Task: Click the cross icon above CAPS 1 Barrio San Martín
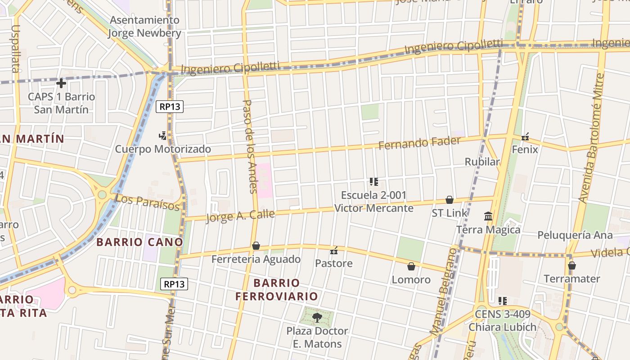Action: click(x=61, y=83)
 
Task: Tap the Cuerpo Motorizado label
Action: click(x=162, y=149)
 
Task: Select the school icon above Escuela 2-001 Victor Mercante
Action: click(x=373, y=182)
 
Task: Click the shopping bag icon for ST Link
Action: click(x=449, y=200)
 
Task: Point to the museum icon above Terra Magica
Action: click(x=488, y=216)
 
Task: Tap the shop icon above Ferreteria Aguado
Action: click(x=256, y=246)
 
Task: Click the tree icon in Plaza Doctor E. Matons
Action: click(x=317, y=318)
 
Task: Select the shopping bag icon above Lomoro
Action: click(x=411, y=266)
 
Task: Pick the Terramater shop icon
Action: click(x=571, y=265)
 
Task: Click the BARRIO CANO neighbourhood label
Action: click(x=139, y=242)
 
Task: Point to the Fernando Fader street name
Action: click(x=419, y=143)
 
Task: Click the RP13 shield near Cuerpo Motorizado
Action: click(x=170, y=107)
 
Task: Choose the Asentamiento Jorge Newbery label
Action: click(x=145, y=27)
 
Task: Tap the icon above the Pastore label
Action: click(x=333, y=251)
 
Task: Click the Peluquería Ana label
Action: click(x=575, y=235)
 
